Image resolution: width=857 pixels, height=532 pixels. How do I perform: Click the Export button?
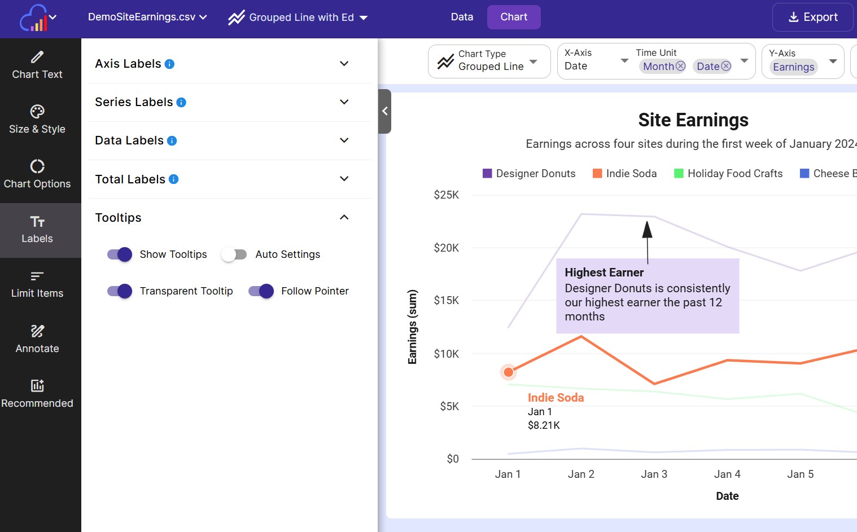click(812, 17)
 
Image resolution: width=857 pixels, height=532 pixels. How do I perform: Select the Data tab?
click(462, 17)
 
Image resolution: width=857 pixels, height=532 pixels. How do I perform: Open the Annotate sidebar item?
click(37, 339)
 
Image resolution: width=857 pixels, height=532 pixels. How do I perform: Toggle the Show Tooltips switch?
click(120, 254)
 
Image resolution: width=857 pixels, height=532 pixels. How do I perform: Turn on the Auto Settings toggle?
click(234, 254)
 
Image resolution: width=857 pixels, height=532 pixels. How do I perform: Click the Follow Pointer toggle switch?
click(261, 291)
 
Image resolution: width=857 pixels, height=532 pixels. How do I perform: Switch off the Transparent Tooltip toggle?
click(120, 291)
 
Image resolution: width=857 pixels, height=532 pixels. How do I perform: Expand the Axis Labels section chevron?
click(344, 64)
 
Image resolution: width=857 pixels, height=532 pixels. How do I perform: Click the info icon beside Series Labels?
click(181, 102)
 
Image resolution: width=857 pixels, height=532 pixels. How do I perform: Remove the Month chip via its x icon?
click(681, 66)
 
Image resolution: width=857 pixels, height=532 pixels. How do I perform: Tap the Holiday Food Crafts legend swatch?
click(679, 173)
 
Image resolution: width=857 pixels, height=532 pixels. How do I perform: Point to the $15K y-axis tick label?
click(446, 300)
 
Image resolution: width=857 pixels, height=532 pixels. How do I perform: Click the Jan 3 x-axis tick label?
click(654, 474)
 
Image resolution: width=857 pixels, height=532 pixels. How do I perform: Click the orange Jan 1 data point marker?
click(508, 372)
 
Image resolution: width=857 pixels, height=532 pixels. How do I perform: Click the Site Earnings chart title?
click(693, 120)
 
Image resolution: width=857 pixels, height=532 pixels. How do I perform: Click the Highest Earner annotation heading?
click(604, 272)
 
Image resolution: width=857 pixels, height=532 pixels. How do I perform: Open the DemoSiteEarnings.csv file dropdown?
click(147, 17)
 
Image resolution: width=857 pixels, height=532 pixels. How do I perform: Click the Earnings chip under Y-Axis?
click(793, 67)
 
